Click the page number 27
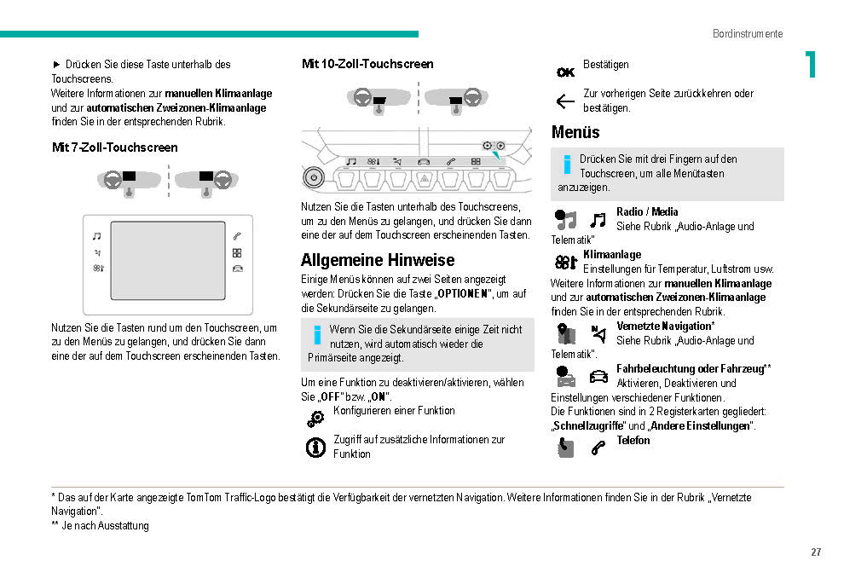[x=816, y=552]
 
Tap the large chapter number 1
[x=810, y=65]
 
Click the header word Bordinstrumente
[x=748, y=34]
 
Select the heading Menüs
[x=575, y=132]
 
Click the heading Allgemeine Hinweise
[x=378, y=260]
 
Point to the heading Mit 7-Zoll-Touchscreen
[x=115, y=147]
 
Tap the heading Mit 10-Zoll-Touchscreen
[x=367, y=64]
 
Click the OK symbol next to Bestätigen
[x=565, y=72]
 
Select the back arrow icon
[x=565, y=101]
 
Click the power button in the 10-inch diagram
[x=314, y=178]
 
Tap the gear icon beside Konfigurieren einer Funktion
[x=315, y=418]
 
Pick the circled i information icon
[x=315, y=447]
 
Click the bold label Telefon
[x=633, y=441]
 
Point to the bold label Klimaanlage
[x=612, y=255]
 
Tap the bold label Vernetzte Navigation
[x=665, y=327]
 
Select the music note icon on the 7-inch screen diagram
[x=96, y=236]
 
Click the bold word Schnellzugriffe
[x=588, y=426]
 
